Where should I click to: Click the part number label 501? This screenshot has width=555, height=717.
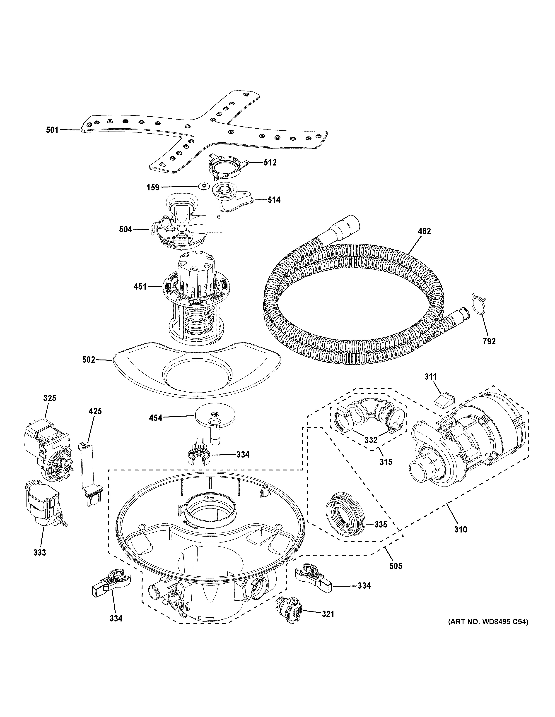click(x=52, y=130)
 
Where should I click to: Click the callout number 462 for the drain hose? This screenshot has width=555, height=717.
click(x=424, y=231)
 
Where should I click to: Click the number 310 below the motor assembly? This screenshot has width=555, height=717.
click(x=460, y=529)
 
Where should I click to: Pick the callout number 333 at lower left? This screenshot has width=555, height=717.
click(x=39, y=553)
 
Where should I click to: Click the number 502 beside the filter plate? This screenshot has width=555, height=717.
click(x=89, y=360)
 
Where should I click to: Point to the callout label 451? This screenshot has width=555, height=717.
click(x=140, y=287)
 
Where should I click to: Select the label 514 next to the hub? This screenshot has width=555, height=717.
click(x=274, y=200)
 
